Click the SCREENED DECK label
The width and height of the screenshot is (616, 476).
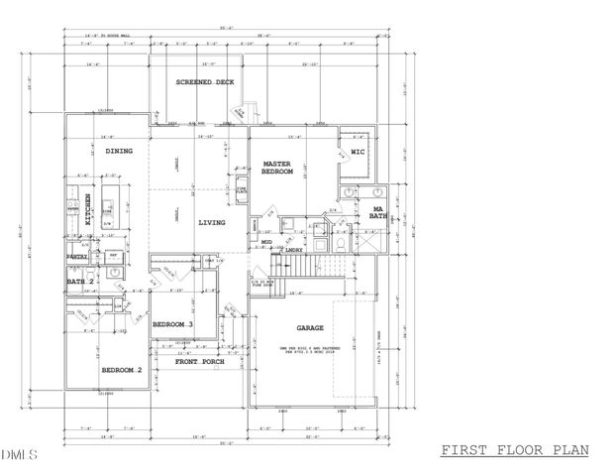(x=205, y=82)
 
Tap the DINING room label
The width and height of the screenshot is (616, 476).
(x=119, y=151)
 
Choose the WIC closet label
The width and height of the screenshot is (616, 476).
(x=359, y=152)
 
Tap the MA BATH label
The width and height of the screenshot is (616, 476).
(x=377, y=210)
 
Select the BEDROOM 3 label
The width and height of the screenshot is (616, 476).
(x=172, y=324)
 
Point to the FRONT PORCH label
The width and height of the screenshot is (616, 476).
(x=199, y=362)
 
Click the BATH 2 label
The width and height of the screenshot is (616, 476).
(x=80, y=282)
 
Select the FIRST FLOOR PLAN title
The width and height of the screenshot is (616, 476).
(x=514, y=449)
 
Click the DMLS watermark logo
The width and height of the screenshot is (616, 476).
(x=17, y=455)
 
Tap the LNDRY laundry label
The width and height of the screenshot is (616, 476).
(x=293, y=250)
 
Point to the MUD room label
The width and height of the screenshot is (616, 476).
(x=266, y=241)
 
